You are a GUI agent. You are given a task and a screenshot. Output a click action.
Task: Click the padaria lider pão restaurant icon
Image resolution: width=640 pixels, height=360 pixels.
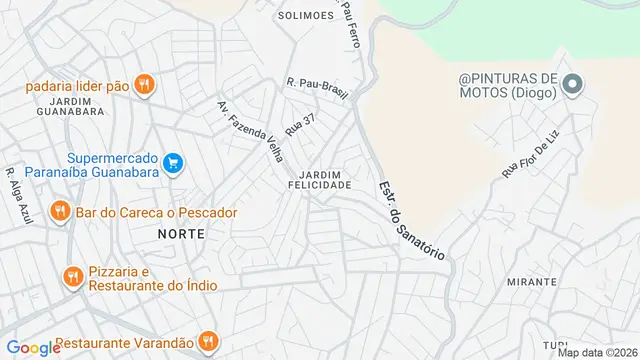(144, 86)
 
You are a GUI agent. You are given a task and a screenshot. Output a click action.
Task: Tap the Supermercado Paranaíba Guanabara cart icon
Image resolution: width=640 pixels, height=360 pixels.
(173, 162)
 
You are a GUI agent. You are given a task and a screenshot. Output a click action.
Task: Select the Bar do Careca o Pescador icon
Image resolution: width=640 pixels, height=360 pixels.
(60, 212)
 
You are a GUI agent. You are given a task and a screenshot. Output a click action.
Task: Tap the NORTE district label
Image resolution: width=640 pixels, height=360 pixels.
(181, 233)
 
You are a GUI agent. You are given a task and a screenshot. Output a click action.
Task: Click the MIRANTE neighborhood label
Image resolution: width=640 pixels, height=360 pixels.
(532, 282)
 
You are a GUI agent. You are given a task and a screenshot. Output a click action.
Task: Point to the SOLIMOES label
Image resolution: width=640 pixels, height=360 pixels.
(305, 15)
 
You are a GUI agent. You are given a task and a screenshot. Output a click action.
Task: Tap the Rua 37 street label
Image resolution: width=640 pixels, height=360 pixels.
(300, 124)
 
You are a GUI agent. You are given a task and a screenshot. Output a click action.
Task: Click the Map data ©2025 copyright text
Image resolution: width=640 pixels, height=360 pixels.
(597, 352)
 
